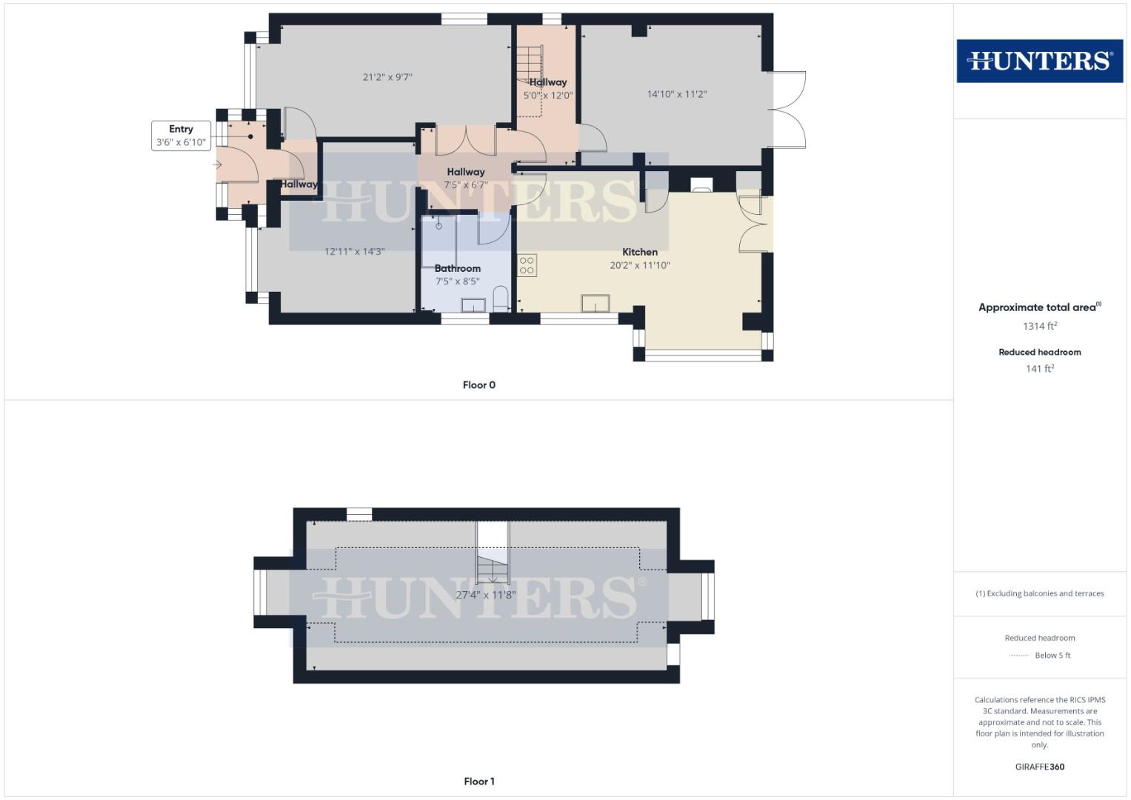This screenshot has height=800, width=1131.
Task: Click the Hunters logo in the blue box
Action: pos(1039,61)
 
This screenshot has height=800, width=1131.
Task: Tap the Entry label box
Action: pos(181,136)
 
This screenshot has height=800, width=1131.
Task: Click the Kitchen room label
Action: pos(640,252)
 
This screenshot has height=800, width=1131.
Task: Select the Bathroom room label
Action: pos(458,268)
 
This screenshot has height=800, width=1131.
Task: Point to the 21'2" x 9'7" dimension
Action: pos(387,77)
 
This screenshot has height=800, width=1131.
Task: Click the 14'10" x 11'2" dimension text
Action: pos(677,94)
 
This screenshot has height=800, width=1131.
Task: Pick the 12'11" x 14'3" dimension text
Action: pos(355,252)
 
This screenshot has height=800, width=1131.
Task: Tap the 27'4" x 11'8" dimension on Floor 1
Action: pos(485,595)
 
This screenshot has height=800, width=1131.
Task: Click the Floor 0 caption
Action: pos(479,385)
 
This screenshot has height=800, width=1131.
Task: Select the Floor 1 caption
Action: pos(479,781)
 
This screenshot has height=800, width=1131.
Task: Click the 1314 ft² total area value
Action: pos(1039,326)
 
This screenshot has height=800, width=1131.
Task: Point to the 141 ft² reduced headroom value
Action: pos(1039,368)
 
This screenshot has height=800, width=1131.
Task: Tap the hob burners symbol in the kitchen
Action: pos(527,265)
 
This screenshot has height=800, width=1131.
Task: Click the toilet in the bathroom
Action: pos(501,299)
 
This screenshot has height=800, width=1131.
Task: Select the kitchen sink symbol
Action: pos(595,304)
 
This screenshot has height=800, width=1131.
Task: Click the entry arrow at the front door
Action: pos(217,164)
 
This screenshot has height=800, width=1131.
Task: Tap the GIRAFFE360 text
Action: pos(1039,767)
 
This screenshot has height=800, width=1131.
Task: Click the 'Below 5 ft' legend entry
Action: pos(1052,656)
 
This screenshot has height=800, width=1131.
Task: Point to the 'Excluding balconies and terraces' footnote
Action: pos(1039,593)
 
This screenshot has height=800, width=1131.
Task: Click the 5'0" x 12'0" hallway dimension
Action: pos(548,96)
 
